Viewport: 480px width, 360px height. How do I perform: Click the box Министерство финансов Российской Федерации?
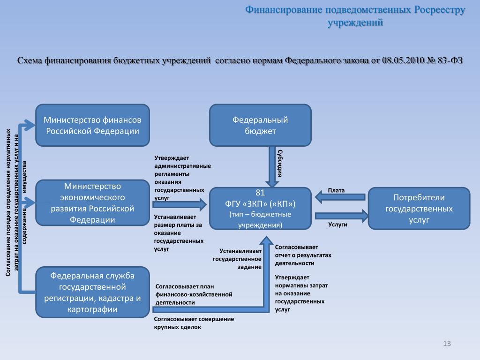tap(92, 125)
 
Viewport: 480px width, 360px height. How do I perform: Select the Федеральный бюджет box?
tap(260, 125)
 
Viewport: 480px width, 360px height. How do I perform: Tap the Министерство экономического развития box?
tap(92, 202)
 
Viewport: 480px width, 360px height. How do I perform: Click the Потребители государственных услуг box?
tap(419, 209)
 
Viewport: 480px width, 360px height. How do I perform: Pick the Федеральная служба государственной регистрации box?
tap(92, 292)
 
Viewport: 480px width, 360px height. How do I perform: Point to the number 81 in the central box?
tap(260, 193)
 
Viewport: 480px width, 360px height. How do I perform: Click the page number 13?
tap(447, 344)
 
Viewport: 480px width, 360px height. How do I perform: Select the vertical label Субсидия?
tap(280, 163)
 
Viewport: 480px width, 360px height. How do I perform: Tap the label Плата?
tap(336, 190)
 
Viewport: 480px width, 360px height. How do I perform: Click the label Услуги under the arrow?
tap(337, 225)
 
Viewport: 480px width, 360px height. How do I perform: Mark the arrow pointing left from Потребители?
tap(340, 197)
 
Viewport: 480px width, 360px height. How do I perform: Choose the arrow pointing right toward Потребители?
tap(342, 216)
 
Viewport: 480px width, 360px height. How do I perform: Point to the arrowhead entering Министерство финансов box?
tap(30, 125)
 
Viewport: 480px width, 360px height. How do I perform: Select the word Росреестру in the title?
tap(440, 10)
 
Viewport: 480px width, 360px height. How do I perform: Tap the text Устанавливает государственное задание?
tap(237, 259)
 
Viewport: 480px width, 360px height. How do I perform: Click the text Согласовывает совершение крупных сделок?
tap(194, 323)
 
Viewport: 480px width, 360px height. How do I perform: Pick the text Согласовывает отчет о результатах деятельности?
tap(303, 255)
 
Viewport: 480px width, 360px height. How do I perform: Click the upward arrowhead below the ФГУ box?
tap(267, 240)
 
